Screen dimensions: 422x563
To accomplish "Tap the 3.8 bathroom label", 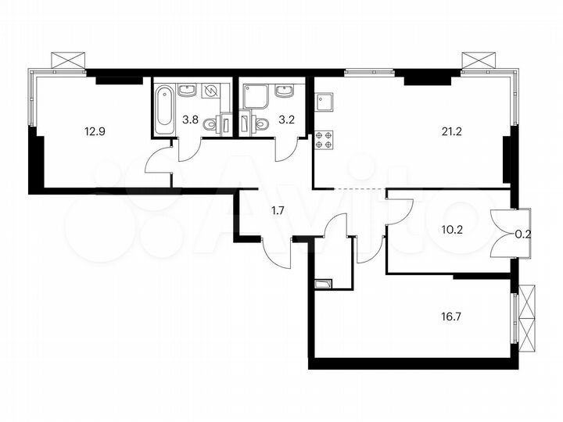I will click(190, 120).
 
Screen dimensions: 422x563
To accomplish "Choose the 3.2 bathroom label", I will click(261, 120).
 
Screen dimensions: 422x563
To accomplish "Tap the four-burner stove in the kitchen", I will click(324, 140).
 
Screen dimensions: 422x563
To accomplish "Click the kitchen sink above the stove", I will click(325, 102).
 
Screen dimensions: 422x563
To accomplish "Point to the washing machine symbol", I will click(210, 92).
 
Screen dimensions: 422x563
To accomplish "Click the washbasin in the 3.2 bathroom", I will click(284, 94).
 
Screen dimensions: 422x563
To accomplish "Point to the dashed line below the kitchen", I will click(350, 189).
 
